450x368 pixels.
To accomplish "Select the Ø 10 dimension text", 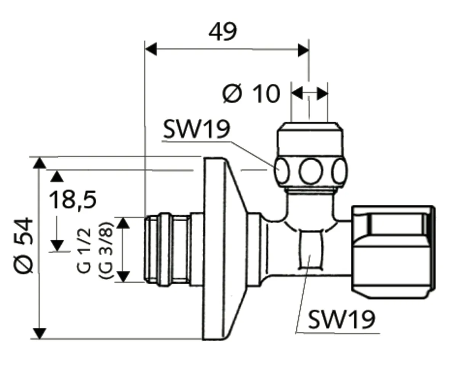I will click(251, 93).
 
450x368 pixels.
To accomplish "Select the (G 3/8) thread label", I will click(104, 250).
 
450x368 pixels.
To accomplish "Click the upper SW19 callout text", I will click(196, 130).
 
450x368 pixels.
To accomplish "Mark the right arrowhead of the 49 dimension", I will click(303, 50).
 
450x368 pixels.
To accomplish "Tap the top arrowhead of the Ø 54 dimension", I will click(39, 163).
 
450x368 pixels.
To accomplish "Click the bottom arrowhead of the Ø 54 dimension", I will click(39, 333).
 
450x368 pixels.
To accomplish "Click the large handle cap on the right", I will click(392, 252).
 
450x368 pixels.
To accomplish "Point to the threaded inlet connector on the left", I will click(168, 250).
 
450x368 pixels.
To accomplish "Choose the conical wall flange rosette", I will click(221, 248).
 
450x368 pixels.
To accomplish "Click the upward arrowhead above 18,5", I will click(57, 176).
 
